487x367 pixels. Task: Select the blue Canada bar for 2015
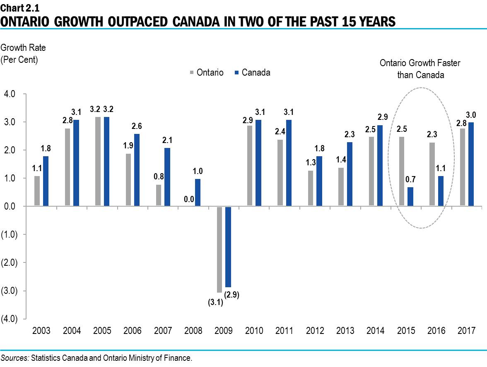(x=410, y=196)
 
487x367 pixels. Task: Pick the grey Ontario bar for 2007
(x=159, y=195)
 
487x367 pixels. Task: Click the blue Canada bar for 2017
(x=471, y=164)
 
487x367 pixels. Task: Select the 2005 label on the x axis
(x=102, y=331)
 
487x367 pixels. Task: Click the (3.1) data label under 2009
(x=215, y=303)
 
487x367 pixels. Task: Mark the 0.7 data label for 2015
(x=410, y=180)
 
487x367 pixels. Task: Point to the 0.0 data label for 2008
(x=189, y=199)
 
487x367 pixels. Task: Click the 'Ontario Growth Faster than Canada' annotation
(x=420, y=69)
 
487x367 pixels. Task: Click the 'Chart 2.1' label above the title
(x=20, y=7)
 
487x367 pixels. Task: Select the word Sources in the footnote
(x=14, y=358)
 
